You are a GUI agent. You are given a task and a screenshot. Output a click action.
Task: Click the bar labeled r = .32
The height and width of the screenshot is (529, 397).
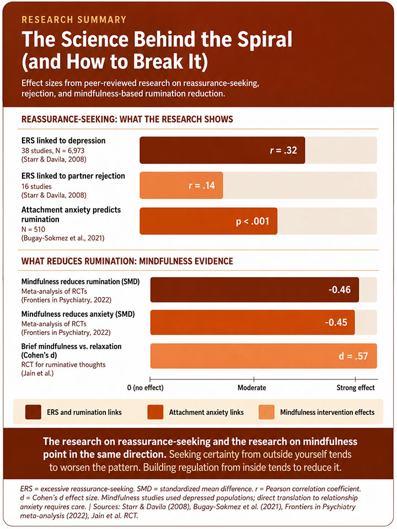pos(222,150)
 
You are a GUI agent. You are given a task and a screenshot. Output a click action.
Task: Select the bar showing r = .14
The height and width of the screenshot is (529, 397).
pos(181,185)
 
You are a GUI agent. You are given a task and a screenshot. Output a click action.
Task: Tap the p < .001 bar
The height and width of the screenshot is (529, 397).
pos(208,221)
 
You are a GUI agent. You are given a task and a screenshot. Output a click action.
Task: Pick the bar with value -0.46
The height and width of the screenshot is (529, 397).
pos(255,290)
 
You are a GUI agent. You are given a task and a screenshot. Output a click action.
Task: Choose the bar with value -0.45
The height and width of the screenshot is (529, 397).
pos(253,322)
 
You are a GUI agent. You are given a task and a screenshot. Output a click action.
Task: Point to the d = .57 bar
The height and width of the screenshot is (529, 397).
pos(264,356)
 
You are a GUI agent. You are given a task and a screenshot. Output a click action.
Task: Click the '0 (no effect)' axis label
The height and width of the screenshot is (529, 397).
pos(145,387)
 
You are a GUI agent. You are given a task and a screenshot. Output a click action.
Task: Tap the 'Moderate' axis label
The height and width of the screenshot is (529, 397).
pos(252,387)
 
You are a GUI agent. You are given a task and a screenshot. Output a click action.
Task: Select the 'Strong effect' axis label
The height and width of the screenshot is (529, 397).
pos(356,387)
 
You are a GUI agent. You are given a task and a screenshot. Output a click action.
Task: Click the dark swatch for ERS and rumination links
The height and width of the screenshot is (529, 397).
pos(33,412)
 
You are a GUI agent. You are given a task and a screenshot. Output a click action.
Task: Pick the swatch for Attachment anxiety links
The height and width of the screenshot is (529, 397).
pos(155,412)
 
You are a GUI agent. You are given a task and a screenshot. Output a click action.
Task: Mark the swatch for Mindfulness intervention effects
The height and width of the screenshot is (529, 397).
pos(266,412)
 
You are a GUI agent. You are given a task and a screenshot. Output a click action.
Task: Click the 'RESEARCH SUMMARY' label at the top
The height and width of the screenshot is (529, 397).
pos(74,19)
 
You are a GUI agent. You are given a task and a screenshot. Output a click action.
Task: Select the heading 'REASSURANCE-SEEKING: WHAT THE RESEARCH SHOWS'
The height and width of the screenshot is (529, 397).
pos(127,119)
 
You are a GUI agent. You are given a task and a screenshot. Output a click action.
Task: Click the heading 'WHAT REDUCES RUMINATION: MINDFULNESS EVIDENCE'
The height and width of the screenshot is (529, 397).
pos(127,261)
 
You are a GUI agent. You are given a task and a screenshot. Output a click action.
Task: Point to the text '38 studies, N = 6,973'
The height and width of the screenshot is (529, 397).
pos(53,150)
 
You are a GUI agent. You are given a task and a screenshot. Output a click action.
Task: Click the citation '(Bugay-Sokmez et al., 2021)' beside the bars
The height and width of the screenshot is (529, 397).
pos(63,238)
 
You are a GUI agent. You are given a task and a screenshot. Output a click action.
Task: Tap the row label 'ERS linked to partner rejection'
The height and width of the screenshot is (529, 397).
pos(73,176)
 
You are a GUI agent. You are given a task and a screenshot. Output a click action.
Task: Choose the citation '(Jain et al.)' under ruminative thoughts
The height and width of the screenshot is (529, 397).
pos(37,373)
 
